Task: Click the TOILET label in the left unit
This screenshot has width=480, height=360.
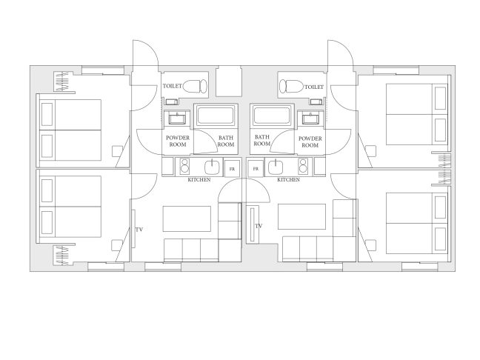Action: [173, 86]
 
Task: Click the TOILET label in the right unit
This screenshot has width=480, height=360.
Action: [314, 87]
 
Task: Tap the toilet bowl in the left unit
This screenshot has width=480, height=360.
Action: [195, 86]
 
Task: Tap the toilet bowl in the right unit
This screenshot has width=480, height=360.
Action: [291, 86]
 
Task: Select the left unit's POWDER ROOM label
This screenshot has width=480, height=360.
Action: [178, 141]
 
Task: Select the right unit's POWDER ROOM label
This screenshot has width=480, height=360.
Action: [310, 142]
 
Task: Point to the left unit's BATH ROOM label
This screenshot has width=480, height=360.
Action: [226, 141]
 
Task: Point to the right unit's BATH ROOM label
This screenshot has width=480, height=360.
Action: [262, 140]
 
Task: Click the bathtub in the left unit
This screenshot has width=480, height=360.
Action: [216, 115]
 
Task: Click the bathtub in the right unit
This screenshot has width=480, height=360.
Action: [272, 115]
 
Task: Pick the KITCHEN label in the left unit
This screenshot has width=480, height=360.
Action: [199, 180]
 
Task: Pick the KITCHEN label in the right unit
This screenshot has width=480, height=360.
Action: [288, 180]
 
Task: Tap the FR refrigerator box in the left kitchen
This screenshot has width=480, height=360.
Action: [233, 168]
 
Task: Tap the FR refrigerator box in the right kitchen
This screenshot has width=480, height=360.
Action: [256, 168]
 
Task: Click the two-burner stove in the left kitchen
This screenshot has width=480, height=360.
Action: [184, 166]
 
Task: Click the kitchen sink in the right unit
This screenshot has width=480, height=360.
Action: [276, 167]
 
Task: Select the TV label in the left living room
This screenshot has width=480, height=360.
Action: [139, 230]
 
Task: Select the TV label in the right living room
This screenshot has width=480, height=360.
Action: [259, 226]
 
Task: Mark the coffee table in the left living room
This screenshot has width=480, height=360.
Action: [187, 219]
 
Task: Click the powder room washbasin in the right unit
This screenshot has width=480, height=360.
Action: [310, 118]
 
